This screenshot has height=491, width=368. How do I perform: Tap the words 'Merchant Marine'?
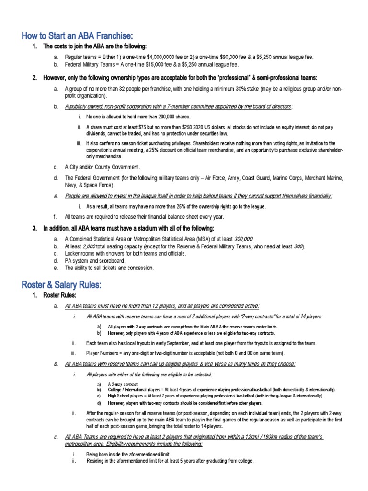pyautogui.click(x=322, y=178)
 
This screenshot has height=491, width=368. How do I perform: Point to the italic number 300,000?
pyautogui.click(x=240, y=239)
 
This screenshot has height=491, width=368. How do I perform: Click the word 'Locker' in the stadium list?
pyautogui.click(x=73, y=253)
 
